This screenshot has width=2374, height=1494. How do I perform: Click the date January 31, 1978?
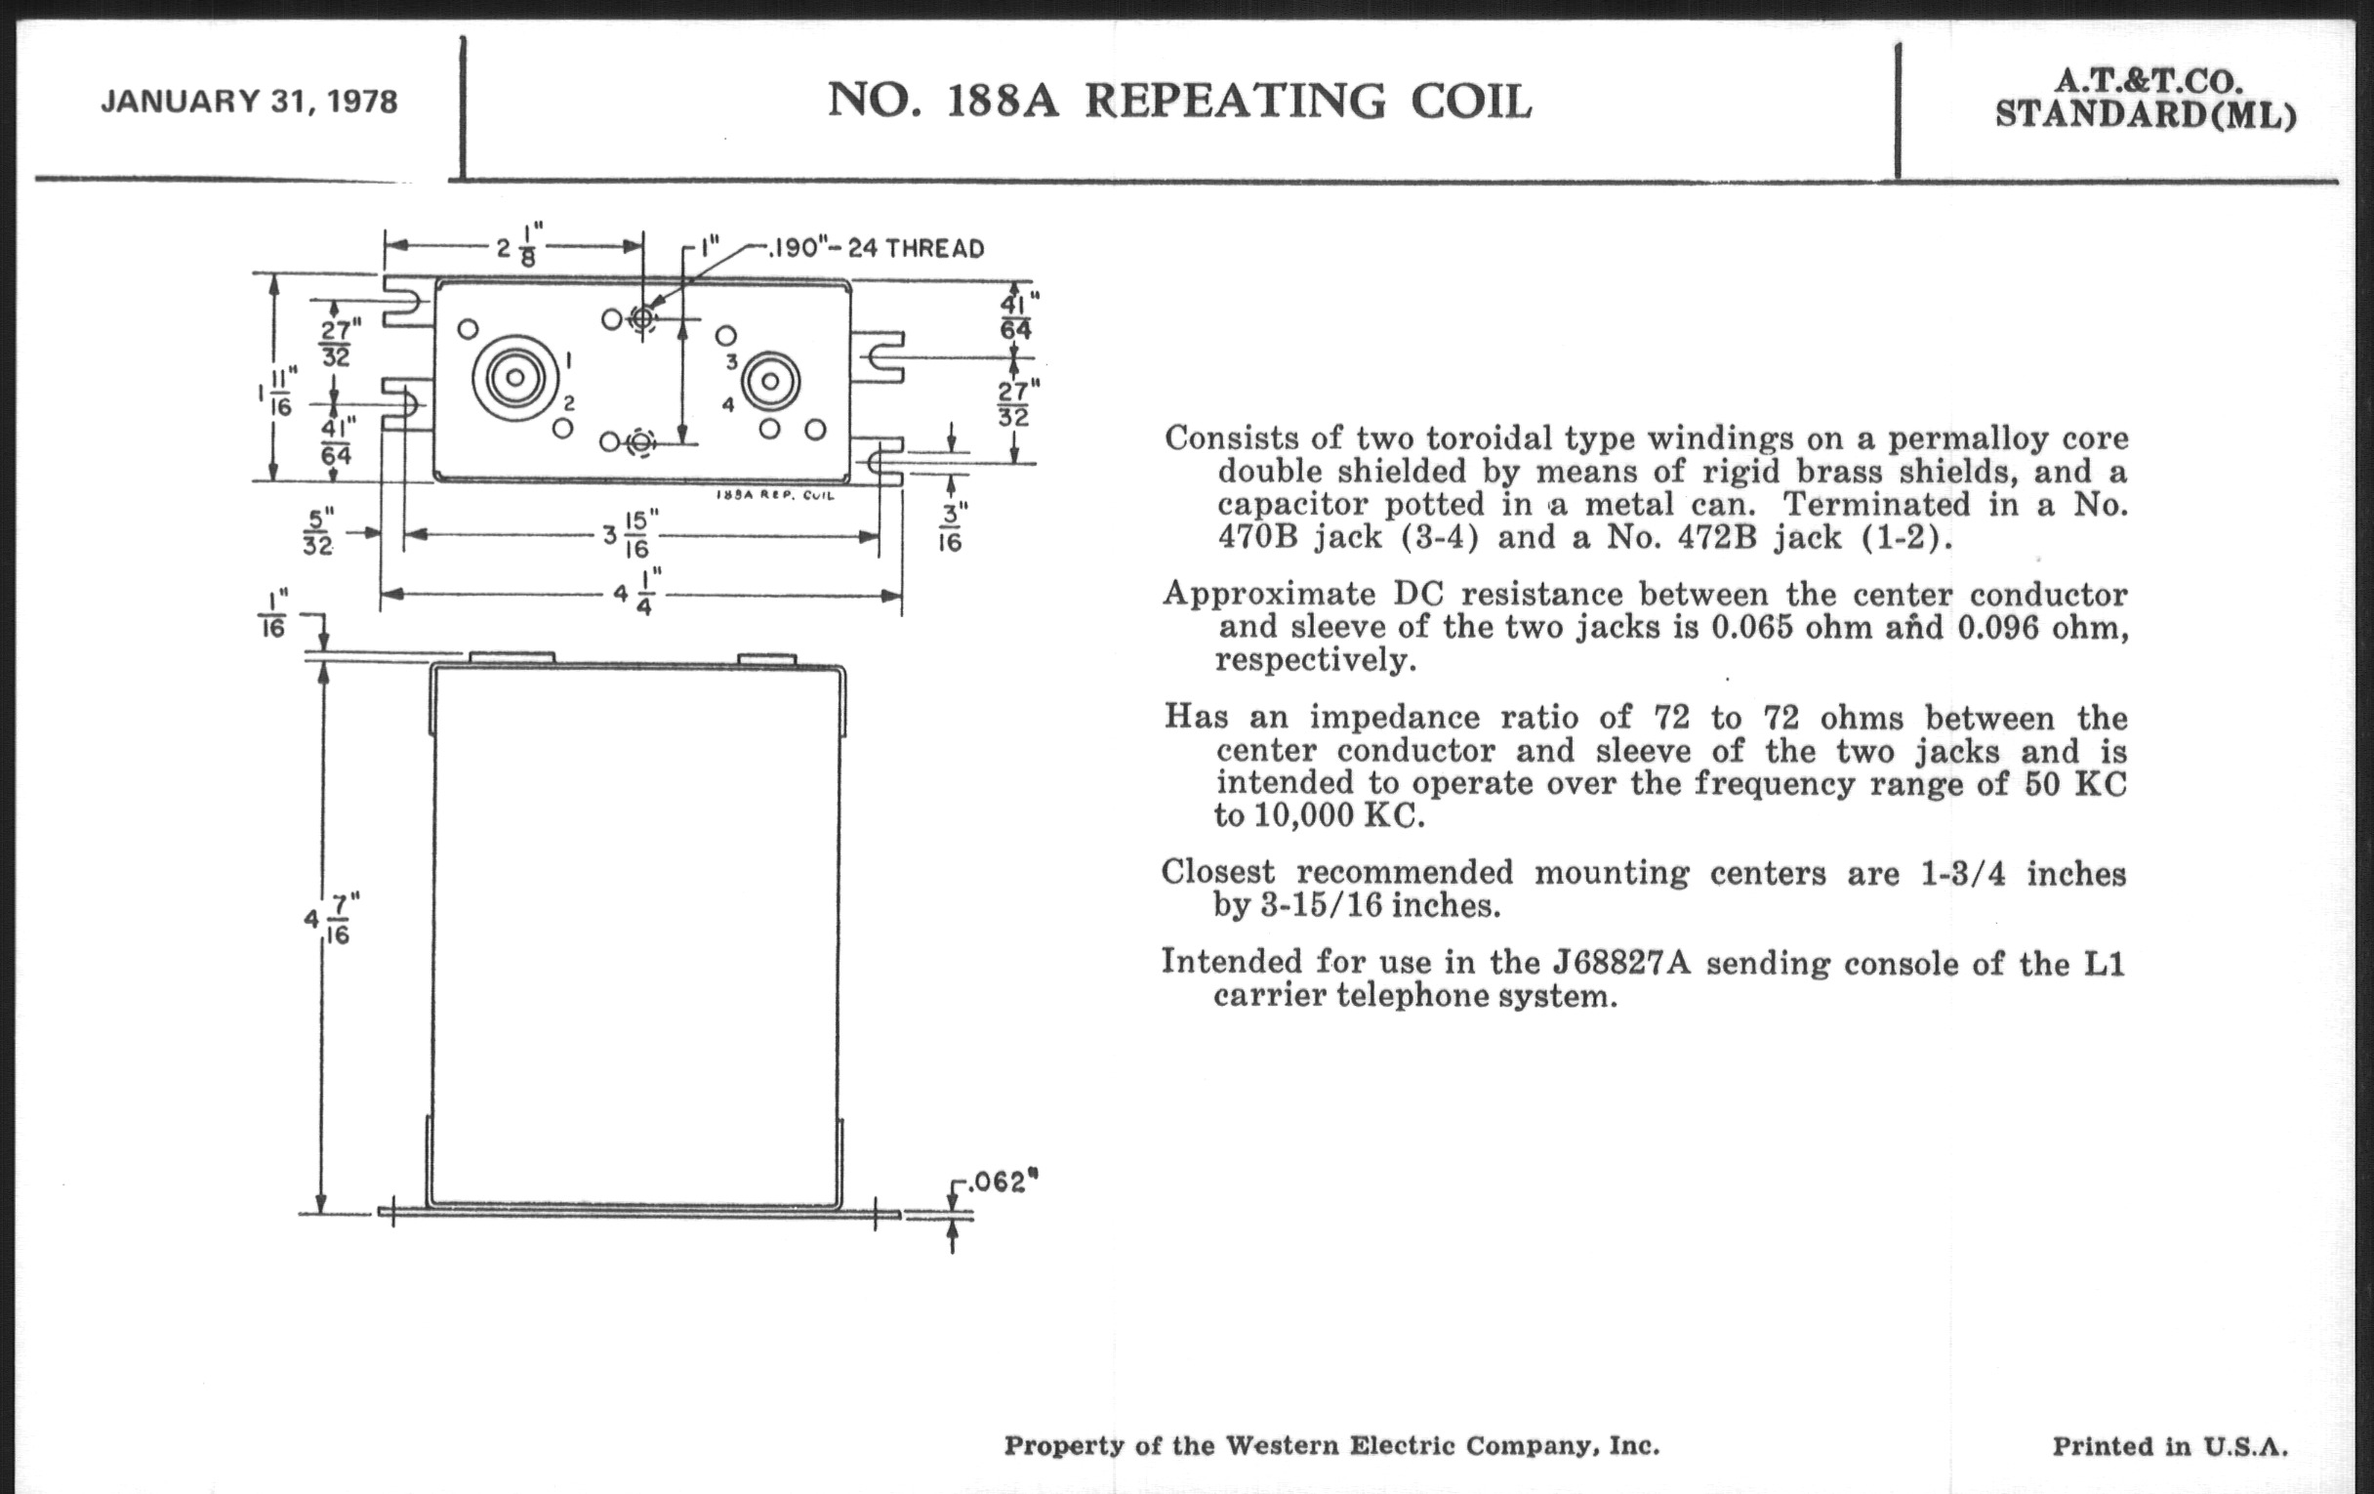[x=250, y=103]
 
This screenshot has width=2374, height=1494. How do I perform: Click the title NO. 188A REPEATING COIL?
[x=1179, y=102]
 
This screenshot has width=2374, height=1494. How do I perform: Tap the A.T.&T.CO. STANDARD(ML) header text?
[x=2146, y=100]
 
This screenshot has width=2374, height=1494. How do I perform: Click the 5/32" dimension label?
[x=317, y=531]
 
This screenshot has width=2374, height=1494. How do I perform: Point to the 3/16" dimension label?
[x=950, y=527]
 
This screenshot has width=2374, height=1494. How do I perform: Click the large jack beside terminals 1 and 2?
[x=514, y=378]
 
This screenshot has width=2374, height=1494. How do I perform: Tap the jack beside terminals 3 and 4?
[x=770, y=381]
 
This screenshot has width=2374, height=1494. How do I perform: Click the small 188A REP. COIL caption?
[x=775, y=495]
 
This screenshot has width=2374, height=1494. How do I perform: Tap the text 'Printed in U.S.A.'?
[x=2170, y=1446]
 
